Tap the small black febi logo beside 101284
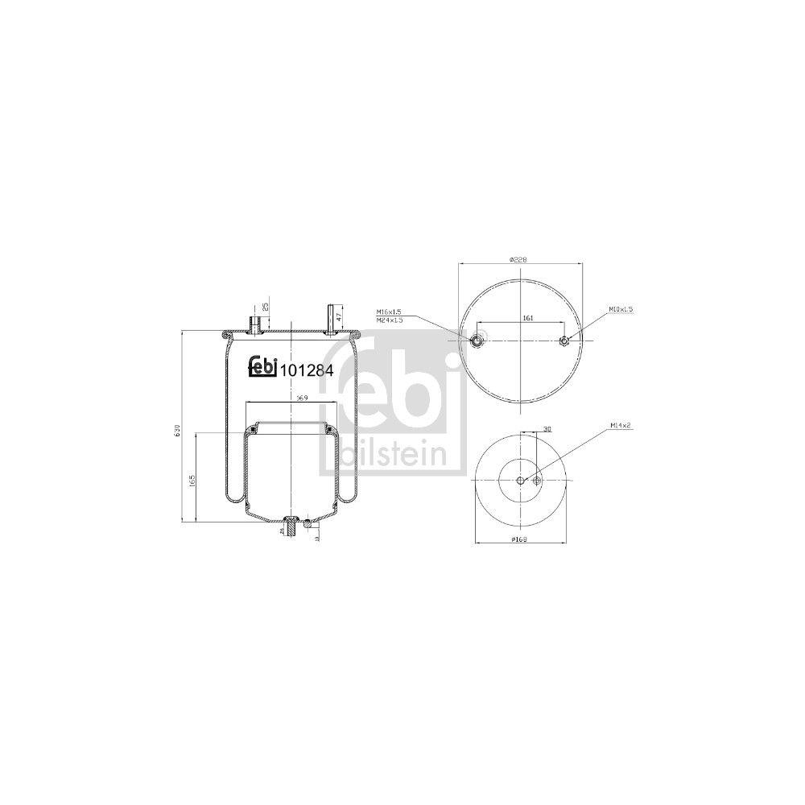262,366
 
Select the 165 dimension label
192,481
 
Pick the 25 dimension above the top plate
265,308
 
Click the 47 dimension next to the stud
340,316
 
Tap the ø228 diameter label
518,260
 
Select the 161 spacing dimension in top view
528,318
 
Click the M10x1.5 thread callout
621,309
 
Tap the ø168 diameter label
518,539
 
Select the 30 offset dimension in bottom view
547,429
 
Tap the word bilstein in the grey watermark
392,454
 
